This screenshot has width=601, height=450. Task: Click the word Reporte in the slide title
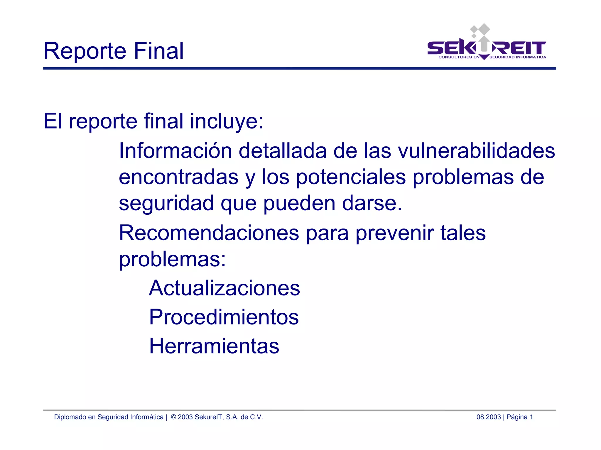[85, 51]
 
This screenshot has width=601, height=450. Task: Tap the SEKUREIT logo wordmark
[486, 48]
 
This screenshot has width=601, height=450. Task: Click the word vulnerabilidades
[476, 151]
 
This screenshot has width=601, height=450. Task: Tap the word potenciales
[351, 177]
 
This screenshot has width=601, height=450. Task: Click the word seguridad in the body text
[166, 204]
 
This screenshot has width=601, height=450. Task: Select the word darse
[372, 203]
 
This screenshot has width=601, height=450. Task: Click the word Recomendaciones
[209, 233]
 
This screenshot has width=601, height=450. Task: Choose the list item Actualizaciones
[224, 288]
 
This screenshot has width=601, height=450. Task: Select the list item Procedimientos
[224, 317]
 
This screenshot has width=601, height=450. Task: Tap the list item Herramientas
[214, 346]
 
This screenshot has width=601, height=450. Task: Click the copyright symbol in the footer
[173, 417]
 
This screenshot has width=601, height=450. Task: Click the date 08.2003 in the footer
[488, 417]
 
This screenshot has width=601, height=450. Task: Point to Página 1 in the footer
[519, 417]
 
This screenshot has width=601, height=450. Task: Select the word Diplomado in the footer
[70, 417]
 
